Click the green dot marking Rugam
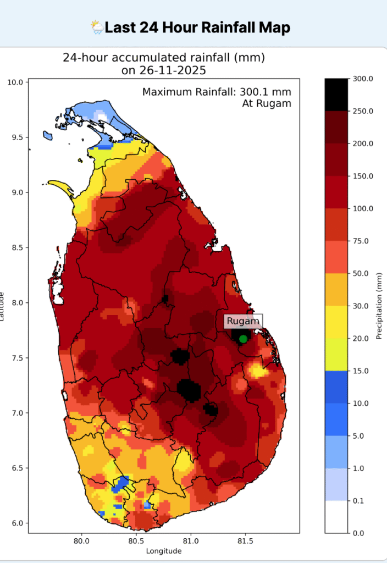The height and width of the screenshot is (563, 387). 243,339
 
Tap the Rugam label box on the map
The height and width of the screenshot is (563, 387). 243,321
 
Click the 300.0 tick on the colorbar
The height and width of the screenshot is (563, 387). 363,79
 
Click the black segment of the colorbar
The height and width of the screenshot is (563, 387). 336,95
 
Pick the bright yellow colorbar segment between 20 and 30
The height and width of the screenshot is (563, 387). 336,322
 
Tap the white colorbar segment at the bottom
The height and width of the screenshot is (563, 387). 336,517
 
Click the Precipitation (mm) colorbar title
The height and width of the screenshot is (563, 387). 379,306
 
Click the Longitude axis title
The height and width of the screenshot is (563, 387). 164,550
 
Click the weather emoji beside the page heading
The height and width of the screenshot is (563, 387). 97,27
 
